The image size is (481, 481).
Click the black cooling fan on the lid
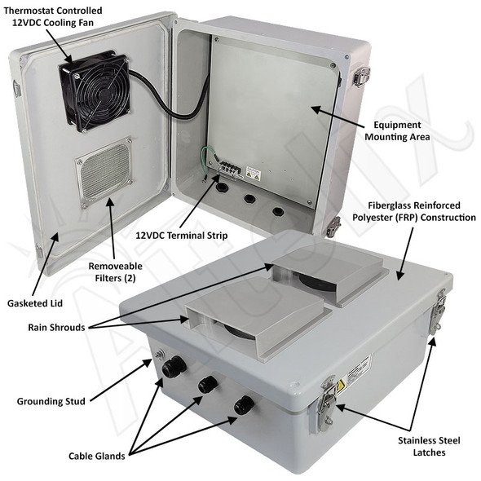point(94,91)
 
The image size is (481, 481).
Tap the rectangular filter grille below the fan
point(104,172)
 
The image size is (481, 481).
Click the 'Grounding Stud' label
point(50,401)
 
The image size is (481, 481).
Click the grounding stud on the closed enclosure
point(160,354)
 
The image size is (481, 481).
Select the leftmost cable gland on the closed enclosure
point(171,368)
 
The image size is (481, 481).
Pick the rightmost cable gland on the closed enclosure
point(243,404)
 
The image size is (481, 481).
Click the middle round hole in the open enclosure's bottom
point(249,198)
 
